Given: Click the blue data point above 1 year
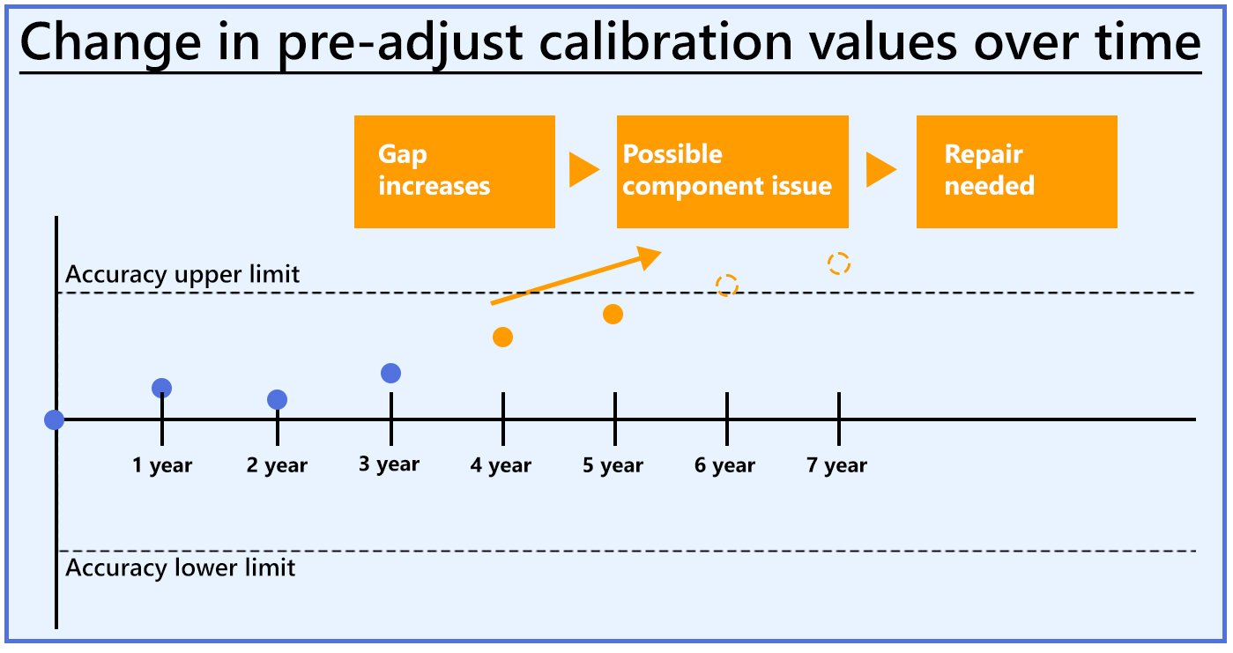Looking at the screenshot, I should click(162, 388).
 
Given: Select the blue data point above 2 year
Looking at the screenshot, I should click(278, 400).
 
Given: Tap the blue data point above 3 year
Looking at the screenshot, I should click(391, 373).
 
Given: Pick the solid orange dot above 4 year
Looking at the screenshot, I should click(503, 337).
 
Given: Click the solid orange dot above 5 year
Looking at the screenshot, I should click(613, 314).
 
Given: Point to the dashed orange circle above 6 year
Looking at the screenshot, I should click(726, 285).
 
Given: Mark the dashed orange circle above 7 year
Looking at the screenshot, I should click(839, 263).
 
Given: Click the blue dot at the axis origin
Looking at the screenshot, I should click(55, 419).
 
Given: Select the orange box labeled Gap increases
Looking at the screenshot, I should click(454, 172).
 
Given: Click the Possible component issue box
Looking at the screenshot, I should click(732, 172).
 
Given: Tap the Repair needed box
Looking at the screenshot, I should click(1016, 172).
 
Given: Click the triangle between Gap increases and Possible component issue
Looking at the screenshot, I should click(583, 170).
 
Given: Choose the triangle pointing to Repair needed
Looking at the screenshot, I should click(880, 170).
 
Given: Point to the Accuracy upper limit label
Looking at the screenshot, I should click(182, 275).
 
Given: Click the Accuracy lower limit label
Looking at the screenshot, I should click(181, 567).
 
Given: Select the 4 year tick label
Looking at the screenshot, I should click(501, 465).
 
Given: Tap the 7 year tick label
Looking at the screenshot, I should click(836, 465).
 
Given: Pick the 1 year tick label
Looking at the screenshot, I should click(162, 465).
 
